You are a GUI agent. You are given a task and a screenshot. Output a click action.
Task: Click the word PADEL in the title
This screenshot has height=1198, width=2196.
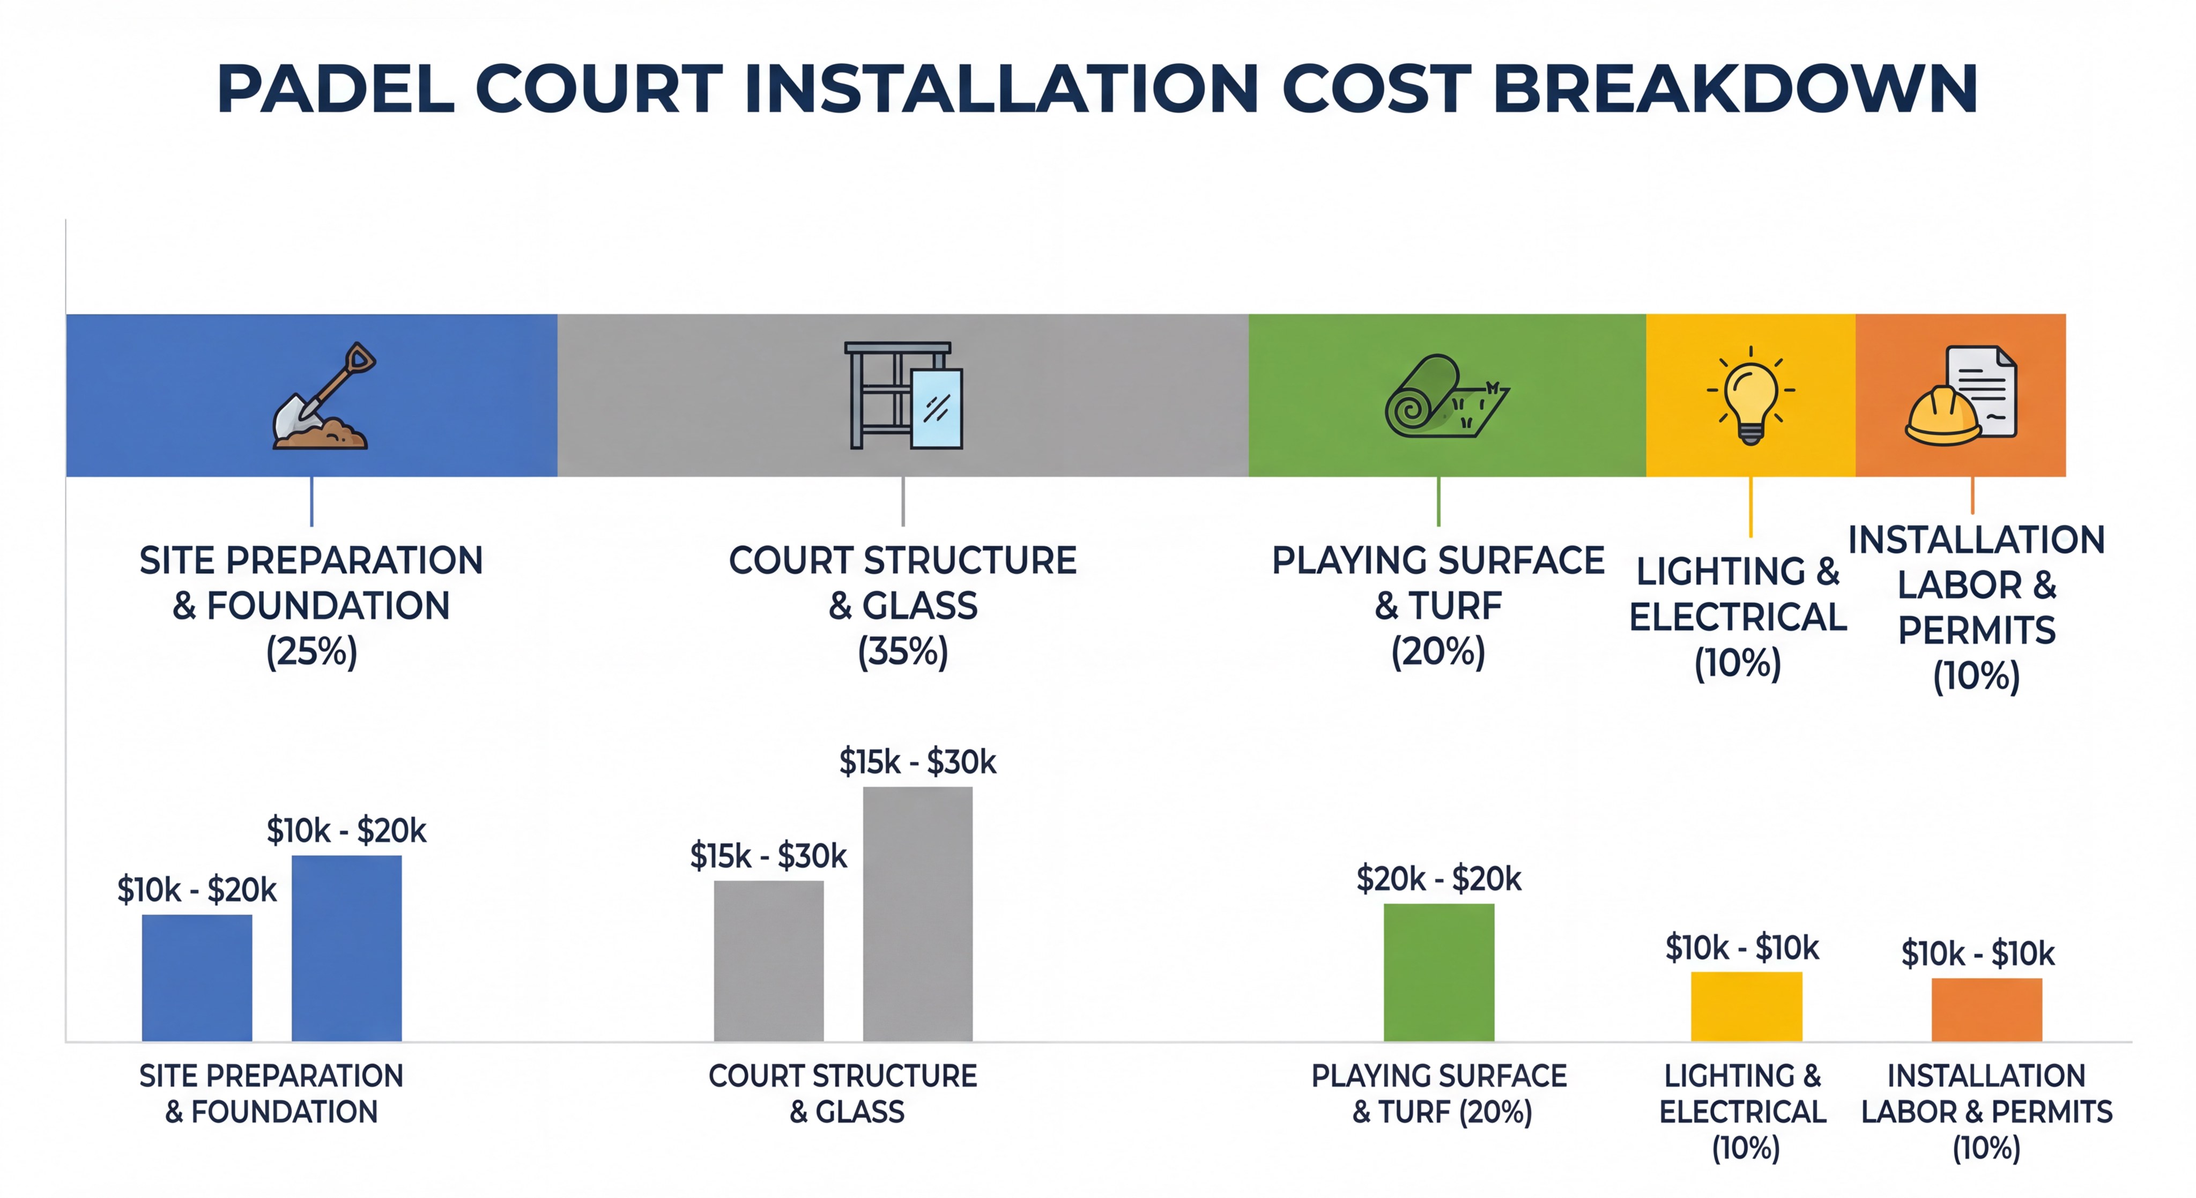click(x=336, y=88)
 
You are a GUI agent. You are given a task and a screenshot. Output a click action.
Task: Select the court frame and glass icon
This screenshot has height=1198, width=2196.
click(x=903, y=396)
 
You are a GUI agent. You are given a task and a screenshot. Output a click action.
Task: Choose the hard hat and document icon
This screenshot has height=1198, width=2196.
click(x=1961, y=396)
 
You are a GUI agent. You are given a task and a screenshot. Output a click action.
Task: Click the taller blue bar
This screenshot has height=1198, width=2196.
click(x=346, y=948)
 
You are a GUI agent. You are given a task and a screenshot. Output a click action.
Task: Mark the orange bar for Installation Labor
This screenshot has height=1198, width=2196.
click(x=1986, y=1010)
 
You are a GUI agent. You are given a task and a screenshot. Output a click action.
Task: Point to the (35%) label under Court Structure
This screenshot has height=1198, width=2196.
click(x=903, y=652)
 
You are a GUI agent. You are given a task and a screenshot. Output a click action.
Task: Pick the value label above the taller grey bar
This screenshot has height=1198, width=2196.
click(x=917, y=762)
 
